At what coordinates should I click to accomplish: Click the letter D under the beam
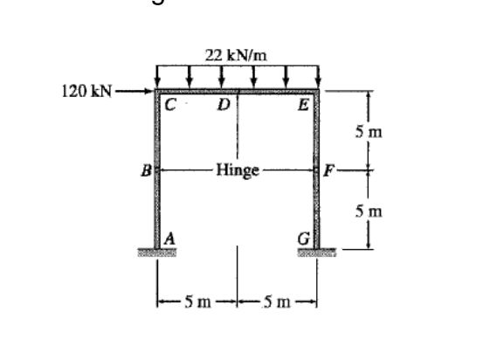point(224,106)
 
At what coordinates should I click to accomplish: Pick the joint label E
point(302,106)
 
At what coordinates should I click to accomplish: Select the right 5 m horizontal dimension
point(276,302)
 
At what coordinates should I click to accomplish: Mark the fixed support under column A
point(157,253)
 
